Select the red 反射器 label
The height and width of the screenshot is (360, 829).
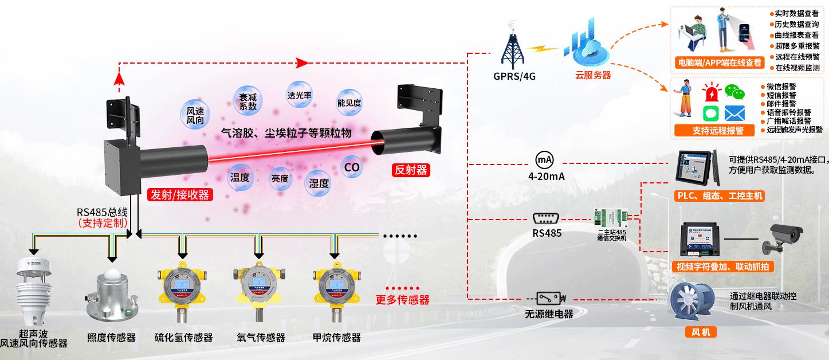pos(411,170)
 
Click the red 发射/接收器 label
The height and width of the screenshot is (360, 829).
pos(179,195)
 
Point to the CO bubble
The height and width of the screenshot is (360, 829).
pos(351,167)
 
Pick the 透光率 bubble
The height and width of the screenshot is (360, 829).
pos(300,96)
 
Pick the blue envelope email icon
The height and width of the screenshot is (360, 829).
pos(734,112)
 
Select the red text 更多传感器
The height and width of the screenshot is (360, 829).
pos(402,299)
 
